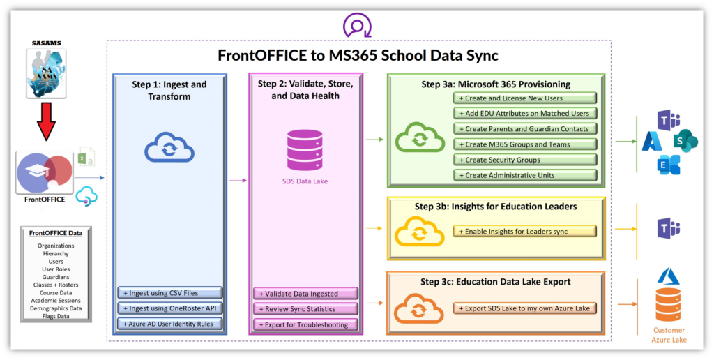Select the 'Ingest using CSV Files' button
click(170, 293)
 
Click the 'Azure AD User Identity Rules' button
click(170, 324)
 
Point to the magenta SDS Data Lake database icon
click(305, 150)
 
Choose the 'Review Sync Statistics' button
click(305, 309)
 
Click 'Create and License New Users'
click(525, 98)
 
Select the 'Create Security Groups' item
click(525, 160)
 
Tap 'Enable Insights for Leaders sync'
click(524, 231)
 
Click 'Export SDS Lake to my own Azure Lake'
click(524, 308)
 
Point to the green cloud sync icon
click(420, 137)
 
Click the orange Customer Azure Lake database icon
click(669, 305)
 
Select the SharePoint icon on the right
click(685, 141)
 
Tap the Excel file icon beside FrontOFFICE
click(86, 156)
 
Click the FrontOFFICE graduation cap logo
click(45, 173)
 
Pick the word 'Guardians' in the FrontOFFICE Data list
click(56, 276)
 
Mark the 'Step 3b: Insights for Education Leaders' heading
click(496, 207)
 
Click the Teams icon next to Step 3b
click(668, 228)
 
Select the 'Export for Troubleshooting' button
click(305, 324)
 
